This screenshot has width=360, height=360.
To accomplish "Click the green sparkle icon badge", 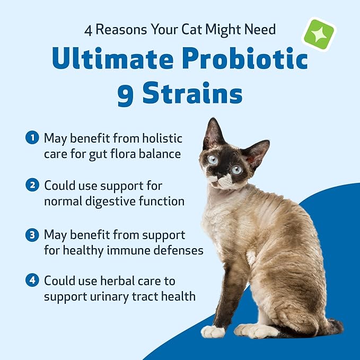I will click(318, 34).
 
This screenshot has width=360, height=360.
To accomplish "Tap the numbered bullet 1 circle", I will click(32, 138).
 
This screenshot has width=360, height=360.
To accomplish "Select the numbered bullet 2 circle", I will click(32, 186).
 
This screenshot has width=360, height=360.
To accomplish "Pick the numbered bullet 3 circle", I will click(32, 234).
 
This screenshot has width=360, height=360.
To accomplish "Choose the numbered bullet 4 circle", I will click(32, 280).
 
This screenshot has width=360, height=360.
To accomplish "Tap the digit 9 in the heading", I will click(126, 94).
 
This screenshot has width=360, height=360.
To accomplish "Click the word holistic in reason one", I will click(161, 138).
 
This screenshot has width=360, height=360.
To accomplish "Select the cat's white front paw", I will click(213, 332).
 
